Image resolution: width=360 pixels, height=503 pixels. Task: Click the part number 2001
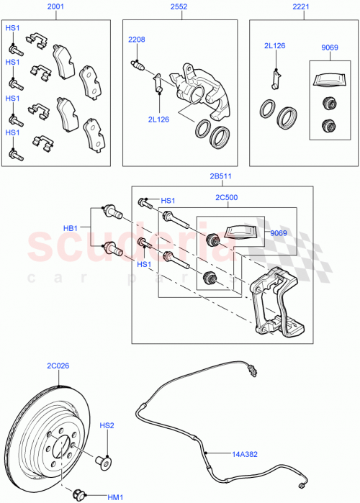pyautogui.click(x=55, y=6)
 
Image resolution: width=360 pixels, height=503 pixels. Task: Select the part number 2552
pyautogui.click(x=179, y=6)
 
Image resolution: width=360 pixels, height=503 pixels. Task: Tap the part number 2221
pyautogui.click(x=301, y=6)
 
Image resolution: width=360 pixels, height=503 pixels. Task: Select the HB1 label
pyautogui.click(x=71, y=228)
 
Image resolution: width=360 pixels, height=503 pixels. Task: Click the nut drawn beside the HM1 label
pyautogui.click(x=79, y=494)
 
